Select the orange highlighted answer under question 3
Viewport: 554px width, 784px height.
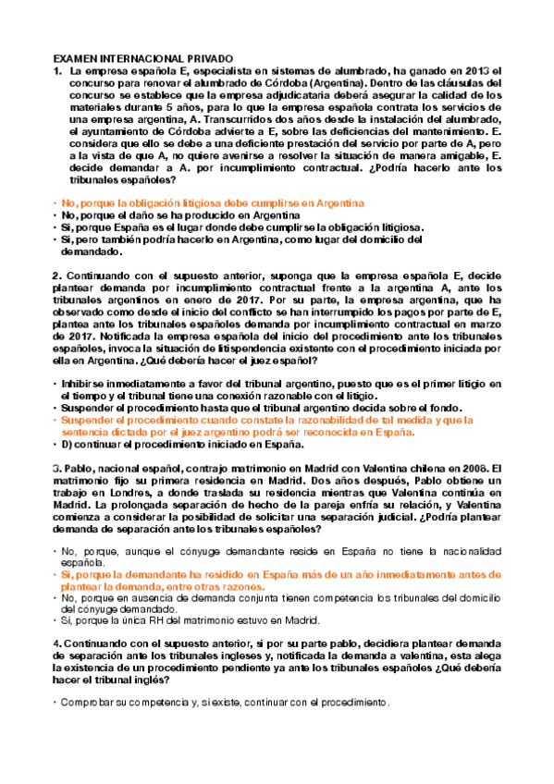tap(277, 581)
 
